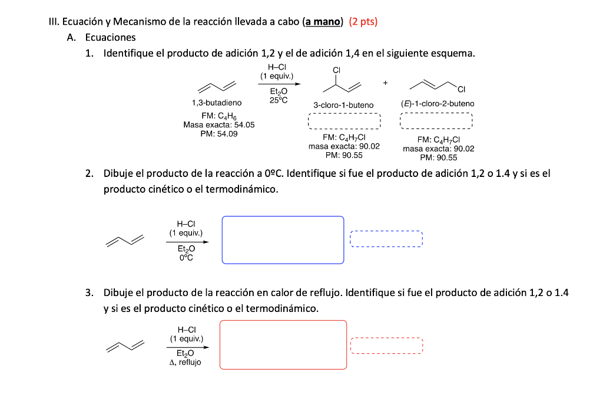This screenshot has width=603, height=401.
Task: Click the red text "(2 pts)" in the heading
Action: point(363,22)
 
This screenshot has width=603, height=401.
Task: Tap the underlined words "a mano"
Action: point(322,22)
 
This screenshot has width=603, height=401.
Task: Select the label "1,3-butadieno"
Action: point(217,103)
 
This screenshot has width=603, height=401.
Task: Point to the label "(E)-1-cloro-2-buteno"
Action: point(437,103)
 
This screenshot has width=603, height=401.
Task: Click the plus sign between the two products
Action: point(385,83)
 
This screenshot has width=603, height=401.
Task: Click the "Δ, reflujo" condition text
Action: point(185,363)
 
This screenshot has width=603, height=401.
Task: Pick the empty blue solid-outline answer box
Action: point(283,240)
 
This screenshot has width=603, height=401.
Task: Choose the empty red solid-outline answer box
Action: point(283,345)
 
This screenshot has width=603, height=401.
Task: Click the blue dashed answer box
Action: point(386,239)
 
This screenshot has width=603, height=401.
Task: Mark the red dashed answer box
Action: point(386,346)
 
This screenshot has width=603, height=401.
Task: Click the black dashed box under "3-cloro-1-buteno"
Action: point(344,121)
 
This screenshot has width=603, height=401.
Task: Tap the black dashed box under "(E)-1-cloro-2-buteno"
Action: point(436,121)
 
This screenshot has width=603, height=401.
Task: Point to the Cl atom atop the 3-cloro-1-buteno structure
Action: point(336,70)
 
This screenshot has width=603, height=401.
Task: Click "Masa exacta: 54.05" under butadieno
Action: point(218,125)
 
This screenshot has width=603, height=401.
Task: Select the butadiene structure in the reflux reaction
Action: point(125,346)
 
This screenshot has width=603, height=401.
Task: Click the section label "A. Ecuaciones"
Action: point(101,38)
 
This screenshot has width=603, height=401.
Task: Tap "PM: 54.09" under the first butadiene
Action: point(218,134)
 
